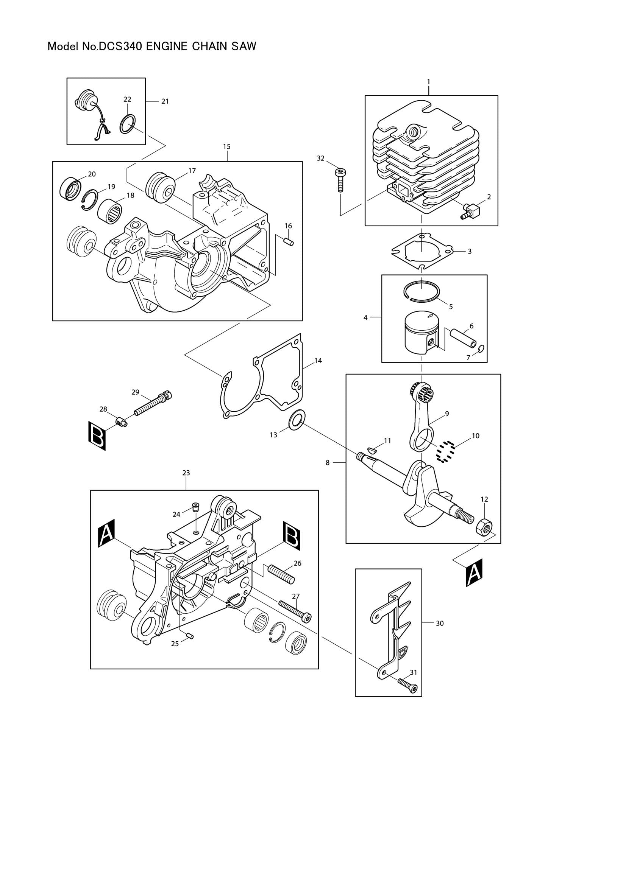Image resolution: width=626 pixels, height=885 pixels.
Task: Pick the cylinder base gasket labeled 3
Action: pos(422,251)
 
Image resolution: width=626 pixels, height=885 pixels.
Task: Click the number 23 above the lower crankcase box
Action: pos(186,473)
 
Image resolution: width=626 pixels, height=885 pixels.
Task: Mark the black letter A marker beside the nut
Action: pos(473,573)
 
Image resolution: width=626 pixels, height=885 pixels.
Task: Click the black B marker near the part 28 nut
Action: pos(97,436)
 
